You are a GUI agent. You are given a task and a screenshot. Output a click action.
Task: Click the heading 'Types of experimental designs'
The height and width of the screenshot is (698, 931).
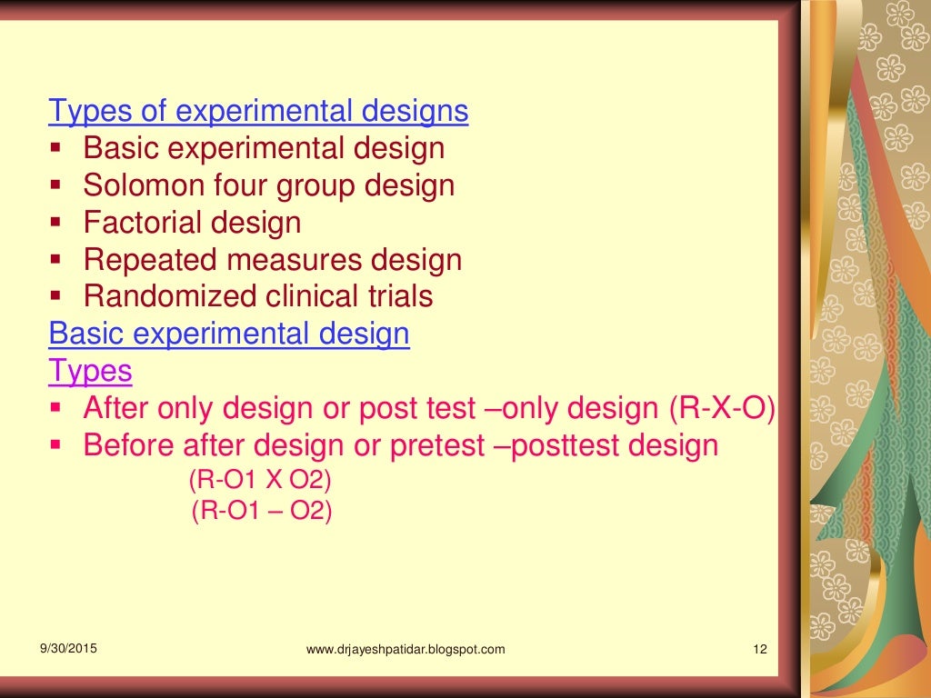point(258,112)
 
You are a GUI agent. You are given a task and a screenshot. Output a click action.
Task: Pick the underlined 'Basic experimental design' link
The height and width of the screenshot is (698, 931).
point(229,334)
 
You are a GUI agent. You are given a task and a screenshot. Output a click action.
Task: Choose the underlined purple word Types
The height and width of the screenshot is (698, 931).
point(90,372)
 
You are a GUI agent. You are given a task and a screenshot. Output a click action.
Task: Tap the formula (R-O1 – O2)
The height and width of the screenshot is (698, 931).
point(262,511)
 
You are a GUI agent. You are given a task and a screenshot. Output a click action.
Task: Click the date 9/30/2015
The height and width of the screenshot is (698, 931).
point(68,649)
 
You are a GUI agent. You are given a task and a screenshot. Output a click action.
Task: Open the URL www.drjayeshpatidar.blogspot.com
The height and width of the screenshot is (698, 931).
point(405,649)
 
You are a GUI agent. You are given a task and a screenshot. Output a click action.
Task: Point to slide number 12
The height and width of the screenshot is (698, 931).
point(761,649)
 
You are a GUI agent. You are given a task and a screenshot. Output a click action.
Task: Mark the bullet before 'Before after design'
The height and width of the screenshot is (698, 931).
point(56,445)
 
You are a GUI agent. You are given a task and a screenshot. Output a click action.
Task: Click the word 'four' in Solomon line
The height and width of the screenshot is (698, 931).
point(249,186)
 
